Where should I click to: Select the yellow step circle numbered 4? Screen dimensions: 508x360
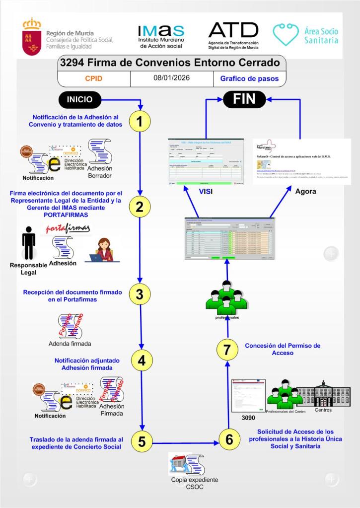[x=141, y=361]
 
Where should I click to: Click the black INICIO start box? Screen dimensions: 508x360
[x=80, y=99]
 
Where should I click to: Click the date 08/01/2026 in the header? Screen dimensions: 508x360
[x=171, y=78]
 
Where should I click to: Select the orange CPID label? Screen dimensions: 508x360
[x=94, y=78]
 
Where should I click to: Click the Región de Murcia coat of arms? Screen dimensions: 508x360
[x=32, y=36]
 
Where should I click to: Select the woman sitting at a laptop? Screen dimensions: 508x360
[x=103, y=250]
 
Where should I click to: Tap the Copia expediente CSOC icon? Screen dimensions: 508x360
[x=187, y=464]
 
